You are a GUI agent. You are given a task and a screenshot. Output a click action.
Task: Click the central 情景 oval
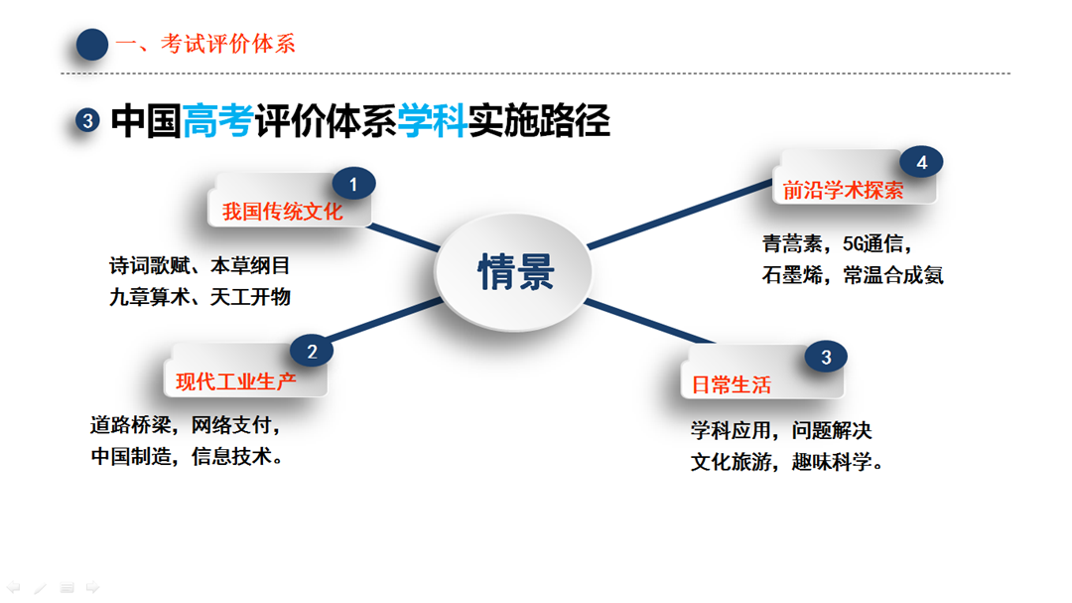tap(513, 272)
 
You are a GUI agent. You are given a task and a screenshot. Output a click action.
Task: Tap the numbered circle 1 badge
tap(353, 184)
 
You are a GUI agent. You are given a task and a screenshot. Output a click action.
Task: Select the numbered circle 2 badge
tap(312, 351)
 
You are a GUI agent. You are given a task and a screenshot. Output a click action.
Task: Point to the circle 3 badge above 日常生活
tap(826, 357)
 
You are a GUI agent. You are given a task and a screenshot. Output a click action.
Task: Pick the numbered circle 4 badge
tap(921, 162)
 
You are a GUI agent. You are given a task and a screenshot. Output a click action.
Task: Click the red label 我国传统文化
tap(282, 212)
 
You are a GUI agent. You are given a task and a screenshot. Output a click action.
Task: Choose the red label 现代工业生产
tap(236, 381)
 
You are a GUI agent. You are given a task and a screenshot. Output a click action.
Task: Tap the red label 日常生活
tap(732, 384)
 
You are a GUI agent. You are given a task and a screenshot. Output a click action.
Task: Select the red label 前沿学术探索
tap(843, 191)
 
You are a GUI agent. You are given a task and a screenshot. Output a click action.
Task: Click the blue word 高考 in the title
tap(218, 121)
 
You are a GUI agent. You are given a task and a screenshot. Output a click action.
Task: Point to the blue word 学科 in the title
tap(433, 121)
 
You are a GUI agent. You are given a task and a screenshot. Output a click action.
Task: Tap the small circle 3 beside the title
tap(87, 121)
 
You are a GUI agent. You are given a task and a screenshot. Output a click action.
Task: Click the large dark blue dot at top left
tap(91, 45)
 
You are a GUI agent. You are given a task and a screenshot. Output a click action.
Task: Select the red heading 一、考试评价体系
tap(205, 44)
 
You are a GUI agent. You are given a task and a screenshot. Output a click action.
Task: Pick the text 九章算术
tap(149, 297)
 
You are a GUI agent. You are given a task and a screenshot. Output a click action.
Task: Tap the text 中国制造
tap(131, 456)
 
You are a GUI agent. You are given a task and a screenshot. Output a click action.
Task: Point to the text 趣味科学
tap(832, 462)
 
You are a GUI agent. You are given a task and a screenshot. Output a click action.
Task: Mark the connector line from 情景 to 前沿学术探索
tap(680, 214)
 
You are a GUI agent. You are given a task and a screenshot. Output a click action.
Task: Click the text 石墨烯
tap(792, 275)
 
